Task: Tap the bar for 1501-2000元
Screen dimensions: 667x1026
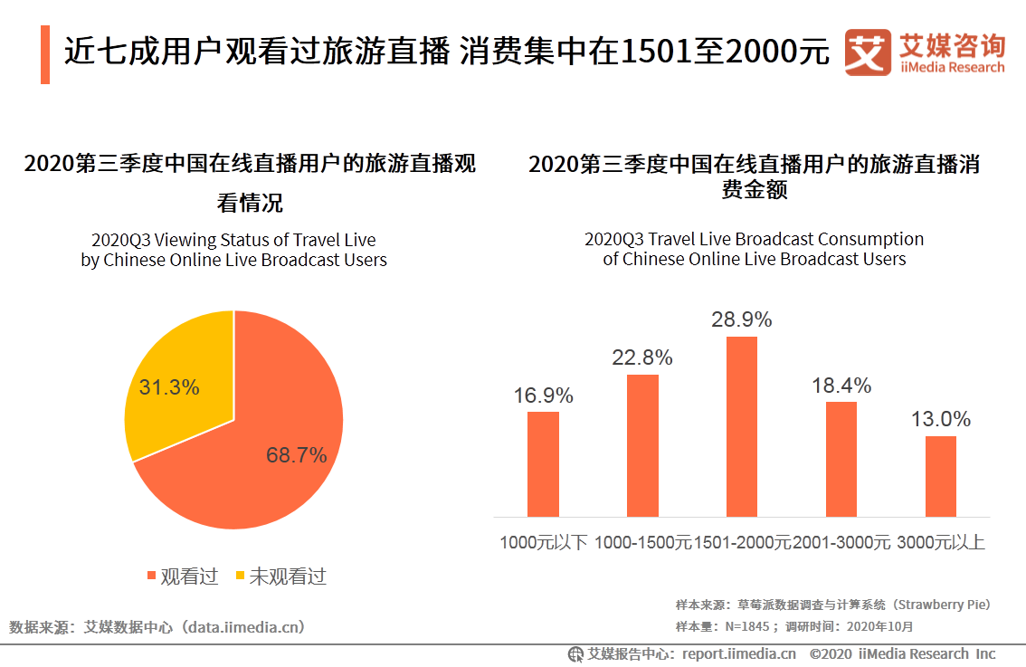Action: (x=742, y=426)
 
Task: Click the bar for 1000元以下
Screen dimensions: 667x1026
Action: (x=543, y=464)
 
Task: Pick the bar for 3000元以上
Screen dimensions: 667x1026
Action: (x=941, y=476)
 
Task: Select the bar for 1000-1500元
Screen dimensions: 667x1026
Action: (x=642, y=445)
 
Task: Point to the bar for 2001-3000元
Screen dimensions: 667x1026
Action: (x=841, y=459)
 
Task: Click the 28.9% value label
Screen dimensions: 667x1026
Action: (x=742, y=319)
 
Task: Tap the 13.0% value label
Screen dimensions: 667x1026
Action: (x=941, y=419)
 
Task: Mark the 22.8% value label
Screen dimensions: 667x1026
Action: (x=642, y=357)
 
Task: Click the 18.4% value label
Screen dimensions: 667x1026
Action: (x=841, y=386)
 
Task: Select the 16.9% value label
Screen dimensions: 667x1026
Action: (x=543, y=395)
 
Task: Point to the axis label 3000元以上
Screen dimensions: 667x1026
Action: (x=941, y=543)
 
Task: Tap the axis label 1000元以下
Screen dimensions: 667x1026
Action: (x=544, y=543)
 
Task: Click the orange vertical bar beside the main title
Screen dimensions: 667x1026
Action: (x=45, y=55)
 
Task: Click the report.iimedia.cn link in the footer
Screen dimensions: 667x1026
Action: (x=739, y=653)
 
